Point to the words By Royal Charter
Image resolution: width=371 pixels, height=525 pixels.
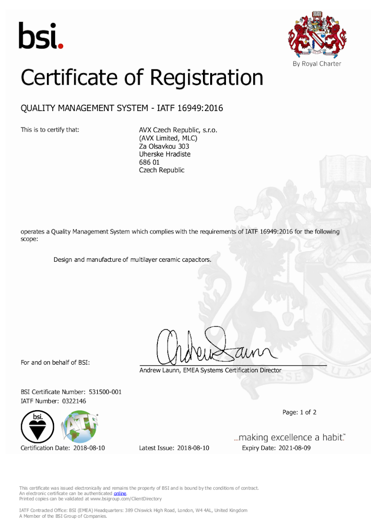317,64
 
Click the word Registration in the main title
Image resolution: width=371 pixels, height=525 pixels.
207,78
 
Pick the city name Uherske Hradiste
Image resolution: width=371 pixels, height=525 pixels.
165,154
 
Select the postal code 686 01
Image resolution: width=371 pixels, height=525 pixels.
149,162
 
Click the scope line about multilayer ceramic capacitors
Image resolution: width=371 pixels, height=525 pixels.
133,259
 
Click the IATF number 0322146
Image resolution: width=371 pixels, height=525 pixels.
74,401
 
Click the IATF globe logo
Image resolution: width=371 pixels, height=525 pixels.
80,427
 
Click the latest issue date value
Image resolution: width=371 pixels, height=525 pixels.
193,448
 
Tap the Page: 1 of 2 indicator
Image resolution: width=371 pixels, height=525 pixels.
300,412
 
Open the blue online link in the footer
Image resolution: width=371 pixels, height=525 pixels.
120,493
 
